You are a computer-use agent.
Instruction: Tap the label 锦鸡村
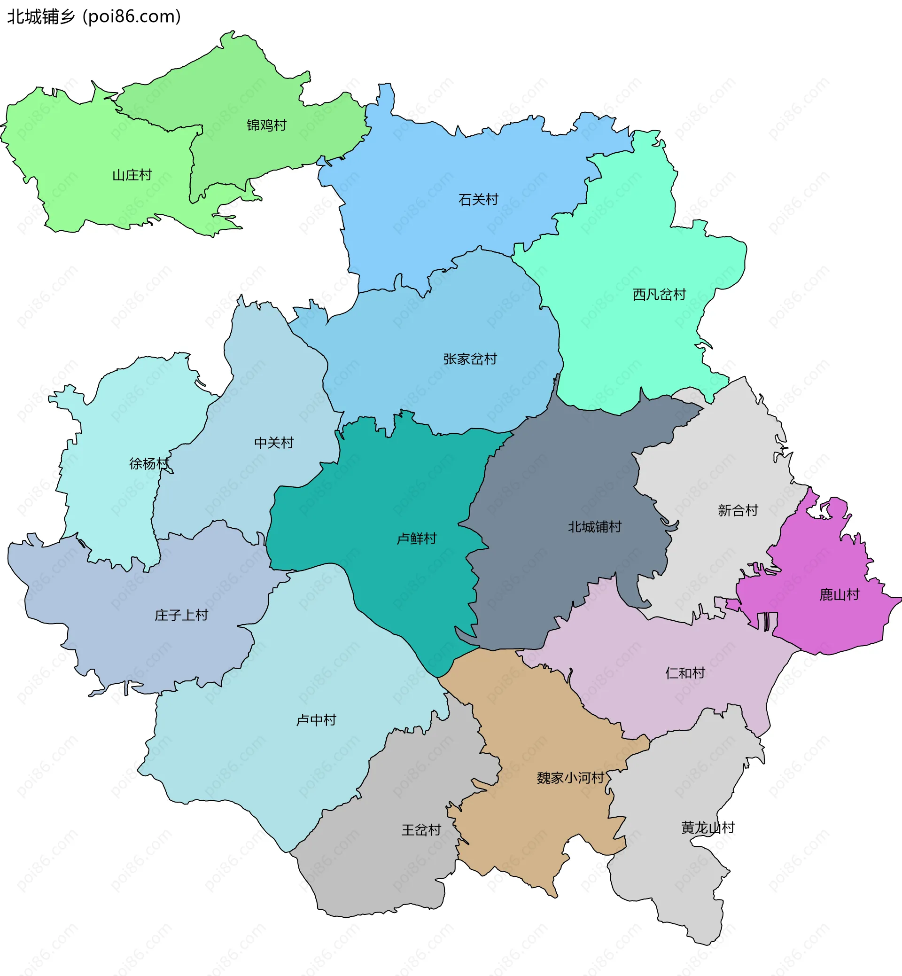pyautogui.click(x=266, y=125)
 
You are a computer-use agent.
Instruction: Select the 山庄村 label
pyautogui.click(x=132, y=175)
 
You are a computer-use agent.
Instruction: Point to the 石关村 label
pyautogui.click(x=478, y=200)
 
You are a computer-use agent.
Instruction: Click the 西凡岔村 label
pyautogui.click(x=659, y=295)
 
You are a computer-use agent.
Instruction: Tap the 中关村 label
pyautogui.click(x=274, y=443)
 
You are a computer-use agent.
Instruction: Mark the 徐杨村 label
pyautogui.click(x=149, y=463)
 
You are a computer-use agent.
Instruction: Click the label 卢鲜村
pyautogui.click(x=416, y=539)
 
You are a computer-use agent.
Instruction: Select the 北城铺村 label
pyautogui.click(x=594, y=527)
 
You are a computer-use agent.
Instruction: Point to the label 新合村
pyautogui.click(x=738, y=510)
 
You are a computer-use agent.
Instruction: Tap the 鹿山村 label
pyautogui.click(x=839, y=595)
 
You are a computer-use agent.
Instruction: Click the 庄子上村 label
pyautogui.click(x=181, y=615)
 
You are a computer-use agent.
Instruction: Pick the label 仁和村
pyautogui.click(x=685, y=673)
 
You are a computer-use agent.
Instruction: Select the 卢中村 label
pyautogui.click(x=316, y=720)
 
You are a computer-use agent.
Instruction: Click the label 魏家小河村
pyautogui.click(x=571, y=778)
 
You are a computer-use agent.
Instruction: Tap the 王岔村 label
pyautogui.click(x=421, y=829)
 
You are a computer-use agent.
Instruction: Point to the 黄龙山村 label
pyautogui.click(x=708, y=828)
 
